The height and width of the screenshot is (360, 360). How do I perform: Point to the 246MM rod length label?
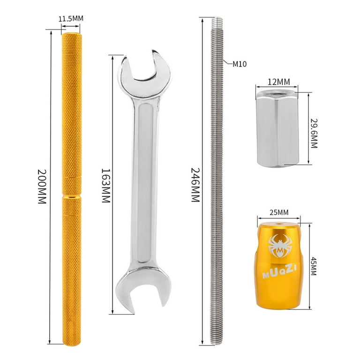point(194,185)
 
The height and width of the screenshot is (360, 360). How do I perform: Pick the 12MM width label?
point(279,82)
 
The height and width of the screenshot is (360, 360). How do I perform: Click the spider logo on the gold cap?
point(279,247)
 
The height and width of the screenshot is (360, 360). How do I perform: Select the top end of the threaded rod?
point(217,21)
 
